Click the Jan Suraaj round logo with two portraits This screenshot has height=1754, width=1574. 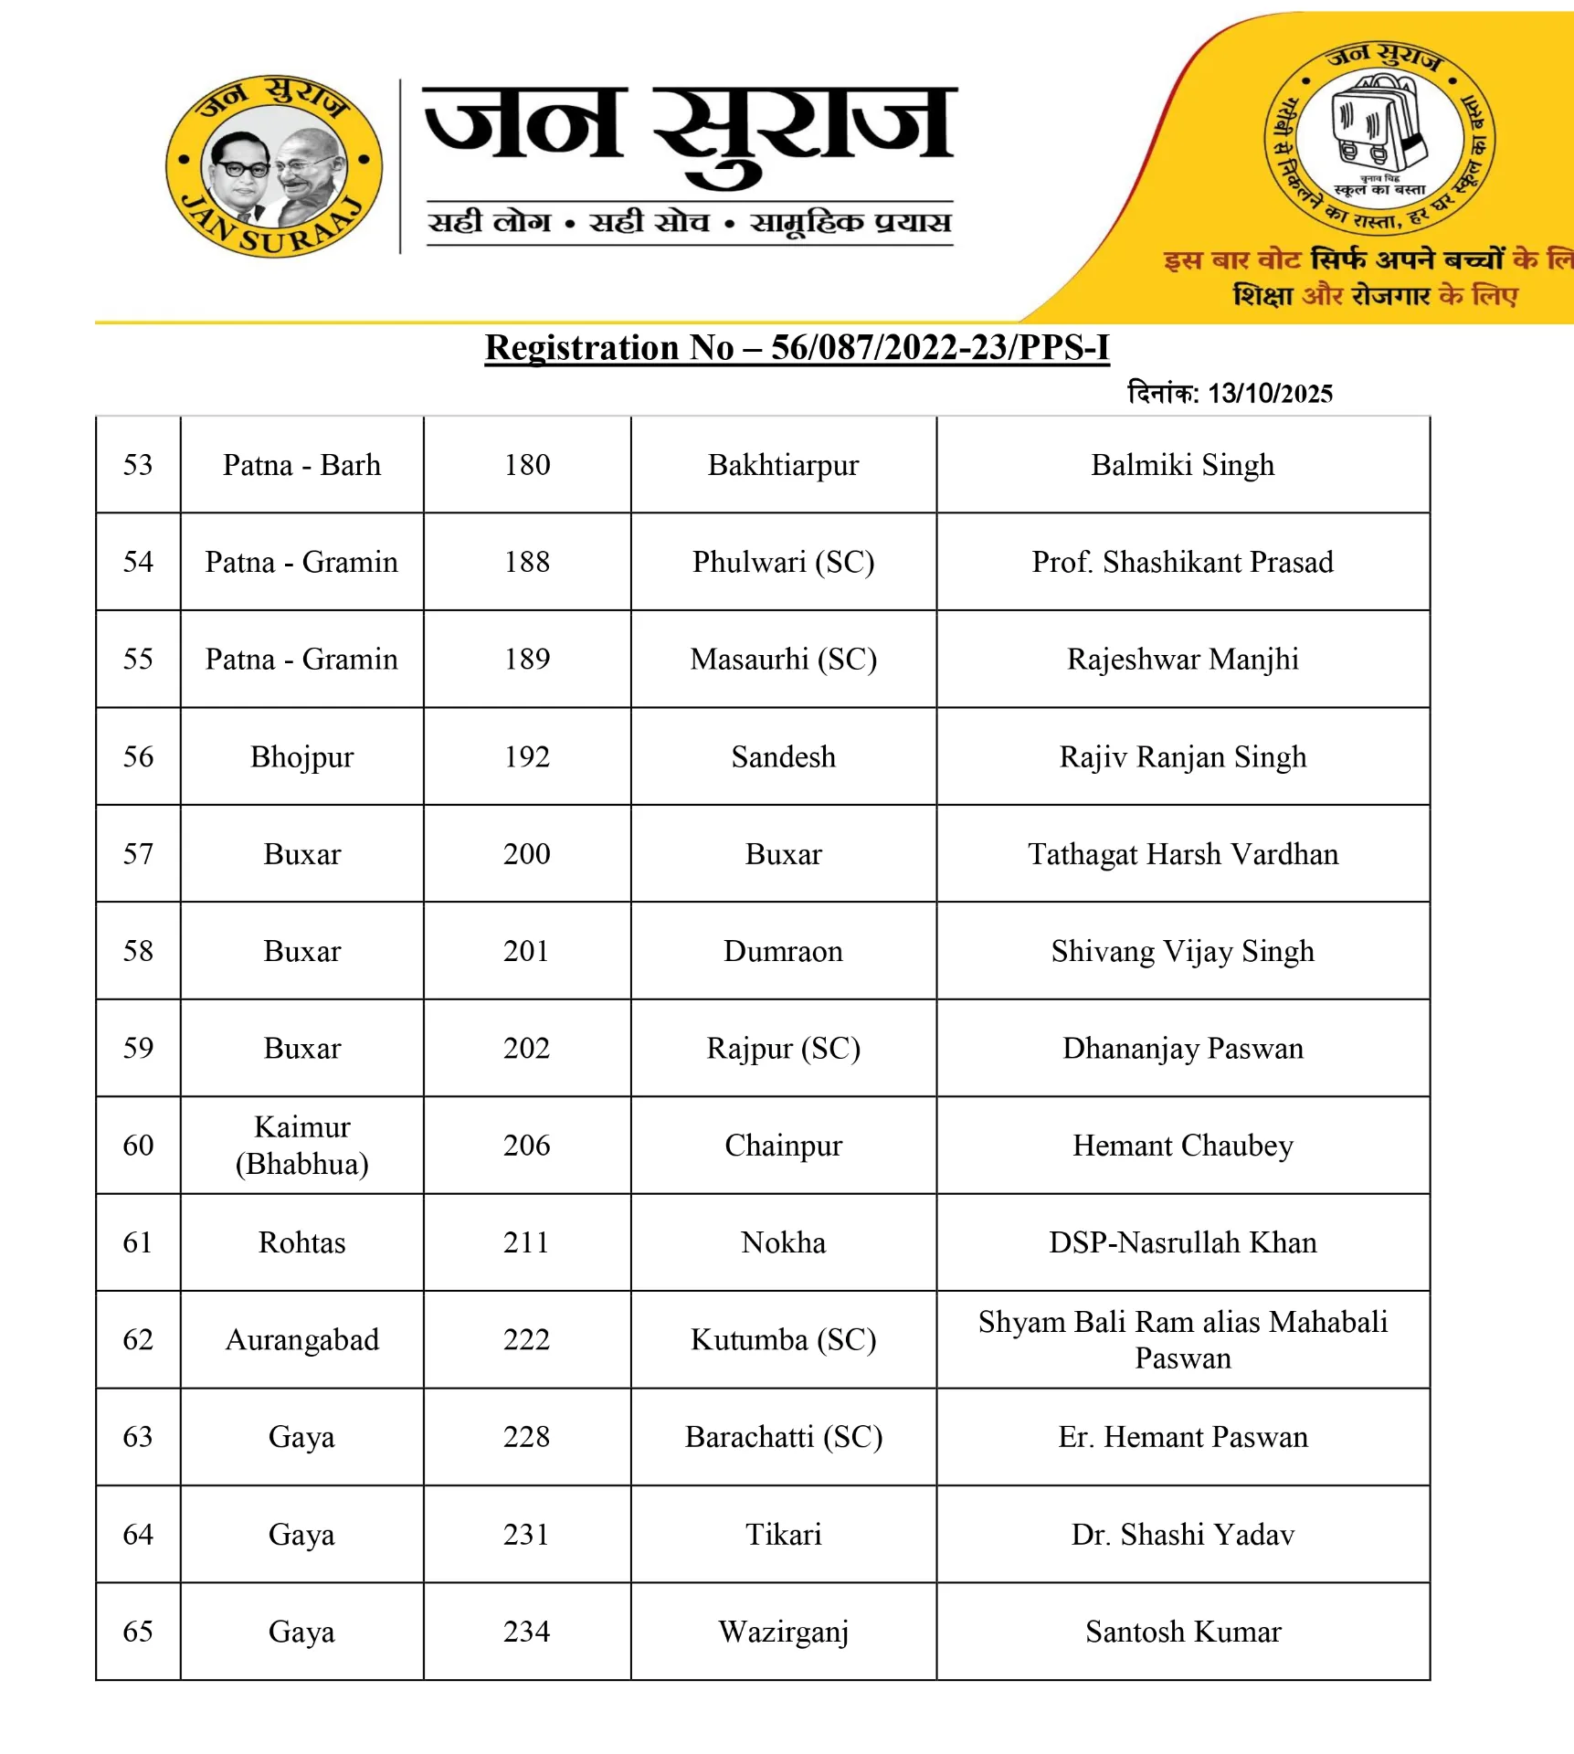[273, 165]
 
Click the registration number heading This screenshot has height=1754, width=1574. [797, 348]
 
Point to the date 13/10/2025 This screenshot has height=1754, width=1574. [1270, 394]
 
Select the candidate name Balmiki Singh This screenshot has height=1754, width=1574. [1182, 465]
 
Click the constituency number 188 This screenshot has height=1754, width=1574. [527, 562]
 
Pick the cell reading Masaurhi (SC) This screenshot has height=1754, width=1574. [783, 659]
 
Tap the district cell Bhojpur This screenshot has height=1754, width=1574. [301, 756]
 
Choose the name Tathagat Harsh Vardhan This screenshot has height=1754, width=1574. [1182, 854]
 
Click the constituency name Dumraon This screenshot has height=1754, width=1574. [783, 951]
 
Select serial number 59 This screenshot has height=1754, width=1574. [138, 1048]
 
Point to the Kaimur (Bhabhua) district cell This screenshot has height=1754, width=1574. [301, 1145]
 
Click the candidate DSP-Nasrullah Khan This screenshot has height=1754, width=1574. [1182, 1242]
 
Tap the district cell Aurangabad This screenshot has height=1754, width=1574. [301, 1339]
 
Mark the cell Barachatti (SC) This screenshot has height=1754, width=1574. [783, 1437]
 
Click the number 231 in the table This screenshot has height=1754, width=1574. [527, 1534]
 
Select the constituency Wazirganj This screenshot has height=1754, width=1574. [783, 1632]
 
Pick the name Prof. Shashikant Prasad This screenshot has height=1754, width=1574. [1182, 562]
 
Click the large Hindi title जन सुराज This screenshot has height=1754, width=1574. [690, 128]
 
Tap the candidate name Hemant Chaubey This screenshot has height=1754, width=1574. [1182, 1145]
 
